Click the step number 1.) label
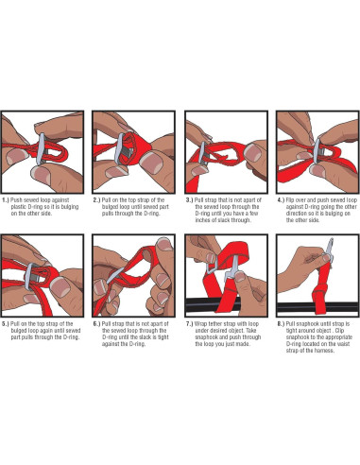click(6, 200)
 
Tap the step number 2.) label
click(96, 200)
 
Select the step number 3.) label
click(189, 200)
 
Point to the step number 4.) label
click(281, 200)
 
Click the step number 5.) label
click(6, 324)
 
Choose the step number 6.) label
click(96, 324)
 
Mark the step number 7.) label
click(189, 324)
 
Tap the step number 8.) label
click(281, 324)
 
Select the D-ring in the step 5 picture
click(28, 276)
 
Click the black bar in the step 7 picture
click(201, 304)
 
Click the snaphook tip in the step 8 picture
click(331, 239)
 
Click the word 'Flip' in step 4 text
click(289, 200)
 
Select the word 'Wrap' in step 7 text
click(200, 324)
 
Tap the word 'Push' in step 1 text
click(16, 200)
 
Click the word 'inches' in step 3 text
click(202, 220)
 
